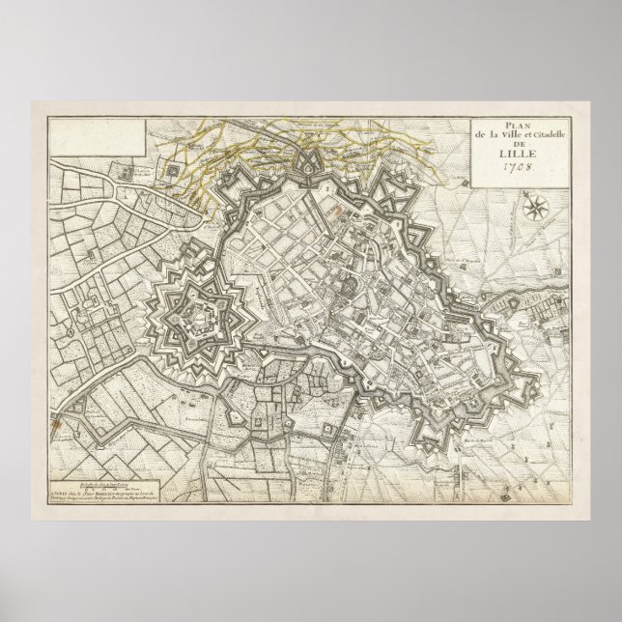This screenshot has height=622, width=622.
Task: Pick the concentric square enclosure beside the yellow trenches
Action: click(x=174, y=171)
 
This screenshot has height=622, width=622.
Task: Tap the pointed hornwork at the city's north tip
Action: click(x=310, y=154)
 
